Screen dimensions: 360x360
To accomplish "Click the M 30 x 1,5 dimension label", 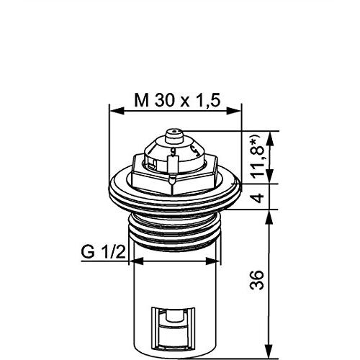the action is (177, 100).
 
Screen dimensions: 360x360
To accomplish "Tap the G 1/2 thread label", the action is (103, 252).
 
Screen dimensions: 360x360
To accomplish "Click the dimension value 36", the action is (257, 280).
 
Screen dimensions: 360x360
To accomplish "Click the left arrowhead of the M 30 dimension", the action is (117, 111).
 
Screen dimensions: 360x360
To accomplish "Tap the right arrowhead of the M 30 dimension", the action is (234, 111).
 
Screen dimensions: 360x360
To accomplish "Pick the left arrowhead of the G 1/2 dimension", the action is (136, 261).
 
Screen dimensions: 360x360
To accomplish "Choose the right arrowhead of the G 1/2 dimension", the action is (213, 261).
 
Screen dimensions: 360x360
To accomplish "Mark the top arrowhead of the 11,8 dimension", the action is (271, 138).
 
